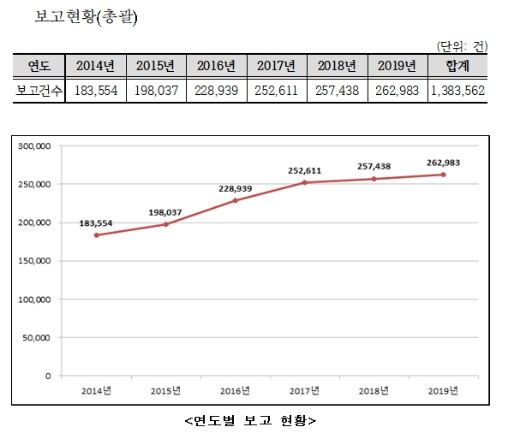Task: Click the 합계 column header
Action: (457, 66)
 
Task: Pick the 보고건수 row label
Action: (39, 90)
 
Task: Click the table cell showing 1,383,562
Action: (457, 90)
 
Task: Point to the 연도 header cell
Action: (39, 66)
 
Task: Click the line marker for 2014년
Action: (96, 235)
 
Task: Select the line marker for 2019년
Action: (443, 175)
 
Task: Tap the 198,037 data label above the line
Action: (165, 211)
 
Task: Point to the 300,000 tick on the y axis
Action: (35, 146)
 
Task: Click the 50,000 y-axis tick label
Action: (38, 337)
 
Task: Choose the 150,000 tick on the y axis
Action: (35, 261)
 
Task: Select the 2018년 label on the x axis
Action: (374, 390)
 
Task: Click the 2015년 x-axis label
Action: (165, 390)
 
